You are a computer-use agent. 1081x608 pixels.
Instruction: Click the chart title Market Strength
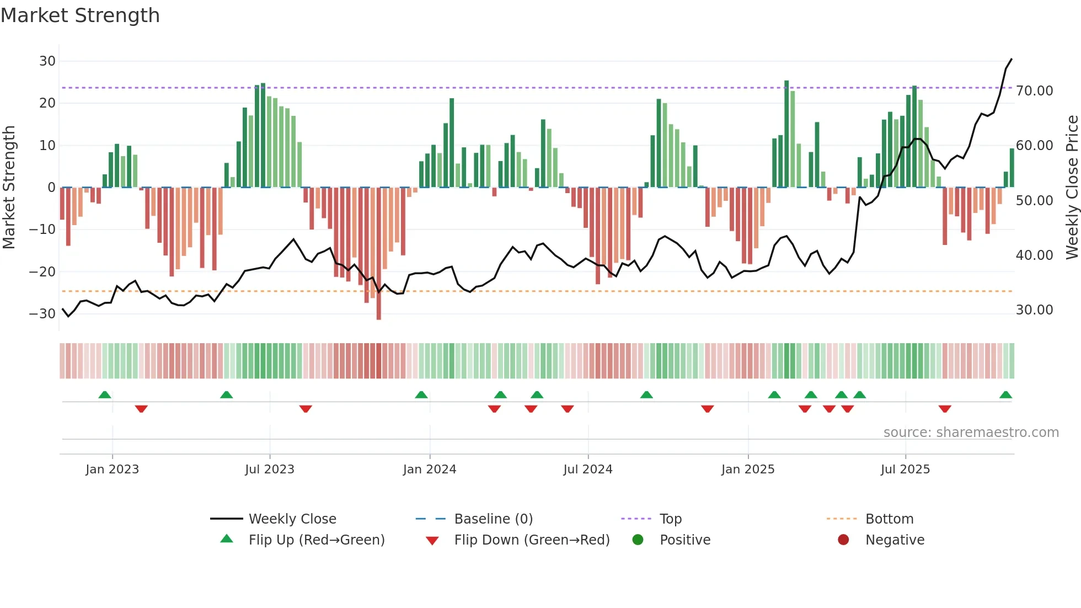pyautogui.click(x=80, y=15)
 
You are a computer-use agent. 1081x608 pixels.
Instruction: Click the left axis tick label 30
pyautogui.click(x=47, y=61)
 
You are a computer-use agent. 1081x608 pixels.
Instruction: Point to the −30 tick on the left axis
pyautogui.click(x=42, y=314)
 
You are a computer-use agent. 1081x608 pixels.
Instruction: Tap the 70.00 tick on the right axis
pyautogui.click(x=1034, y=91)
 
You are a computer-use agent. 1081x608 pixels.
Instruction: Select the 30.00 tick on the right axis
pyautogui.click(x=1034, y=310)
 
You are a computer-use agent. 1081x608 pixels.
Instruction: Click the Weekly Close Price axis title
pyautogui.click(x=1072, y=188)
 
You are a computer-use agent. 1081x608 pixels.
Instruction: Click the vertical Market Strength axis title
pyautogui.click(x=9, y=188)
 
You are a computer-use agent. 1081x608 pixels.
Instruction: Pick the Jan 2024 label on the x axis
pyautogui.click(x=430, y=470)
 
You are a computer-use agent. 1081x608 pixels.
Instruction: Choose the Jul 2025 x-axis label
pyautogui.click(x=905, y=470)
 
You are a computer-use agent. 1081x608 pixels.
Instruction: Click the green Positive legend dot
pyautogui.click(x=638, y=540)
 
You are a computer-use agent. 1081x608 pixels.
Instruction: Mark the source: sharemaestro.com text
pyautogui.click(x=971, y=433)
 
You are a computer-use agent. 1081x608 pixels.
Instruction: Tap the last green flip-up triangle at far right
pyautogui.click(x=1005, y=395)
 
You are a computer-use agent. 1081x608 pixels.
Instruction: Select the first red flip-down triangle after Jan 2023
pyautogui.click(x=141, y=409)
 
